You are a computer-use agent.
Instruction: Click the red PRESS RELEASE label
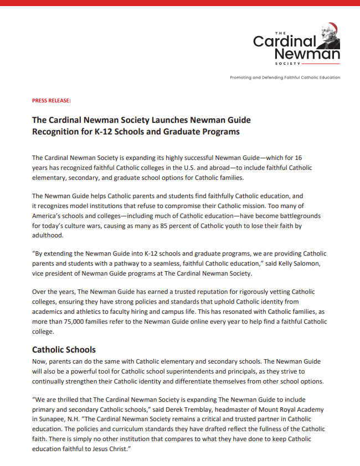coord(52,100)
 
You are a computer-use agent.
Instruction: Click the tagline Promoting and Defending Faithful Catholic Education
coord(285,77)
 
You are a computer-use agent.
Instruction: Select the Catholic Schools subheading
coord(64,350)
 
